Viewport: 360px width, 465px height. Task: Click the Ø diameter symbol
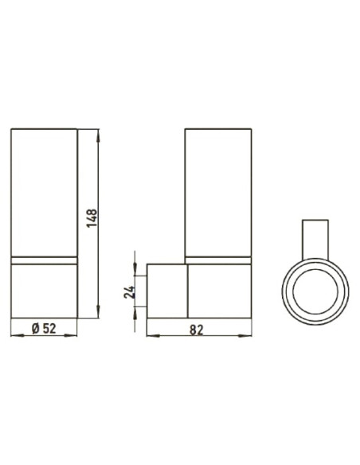[37, 328]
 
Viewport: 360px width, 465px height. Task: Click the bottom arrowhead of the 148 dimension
[99, 313]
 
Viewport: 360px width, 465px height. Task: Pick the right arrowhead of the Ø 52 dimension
[74, 334]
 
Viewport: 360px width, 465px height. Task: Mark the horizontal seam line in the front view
[45, 260]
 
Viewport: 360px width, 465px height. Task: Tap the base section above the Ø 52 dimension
[45, 288]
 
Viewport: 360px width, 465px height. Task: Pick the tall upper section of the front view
[45, 191]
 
